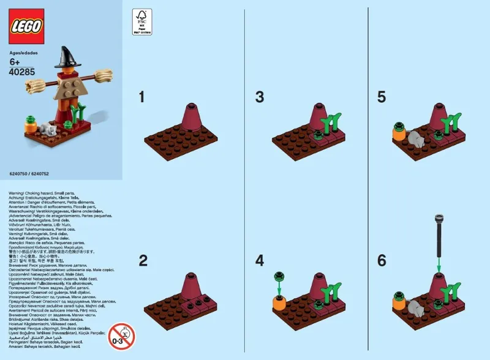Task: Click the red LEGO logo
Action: (26, 27)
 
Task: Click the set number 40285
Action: (22, 72)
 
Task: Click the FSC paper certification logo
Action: (142, 23)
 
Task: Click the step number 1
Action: (142, 97)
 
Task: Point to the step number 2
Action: (143, 261)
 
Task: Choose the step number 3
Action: (260, 97)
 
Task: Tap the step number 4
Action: (260, 261)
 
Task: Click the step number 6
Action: (382, 261)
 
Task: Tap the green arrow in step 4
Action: (279, 285)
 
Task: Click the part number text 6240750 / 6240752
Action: (30, 174)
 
